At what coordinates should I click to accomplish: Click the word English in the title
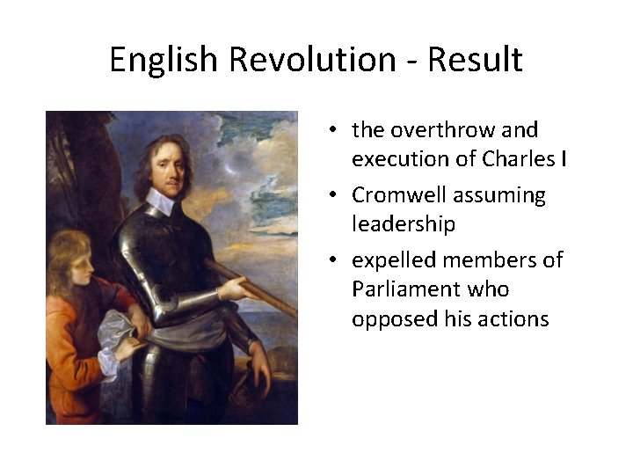point(164,60)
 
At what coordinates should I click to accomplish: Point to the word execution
point(413,159)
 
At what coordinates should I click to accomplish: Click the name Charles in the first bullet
point(520,159)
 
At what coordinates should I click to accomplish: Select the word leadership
point(404,224)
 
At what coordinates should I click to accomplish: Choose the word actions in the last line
point(513,318)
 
